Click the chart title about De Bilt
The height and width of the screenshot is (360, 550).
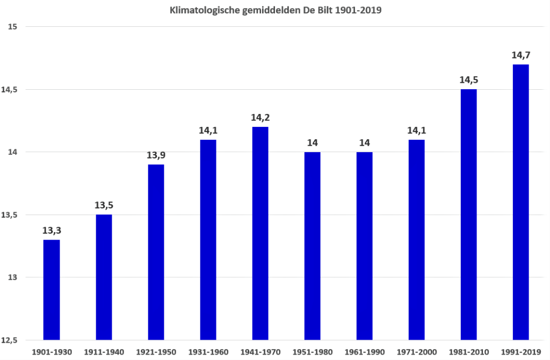coord(276,10)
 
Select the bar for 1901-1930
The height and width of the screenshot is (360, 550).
coord(52,290)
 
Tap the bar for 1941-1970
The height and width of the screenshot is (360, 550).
coord(260,233)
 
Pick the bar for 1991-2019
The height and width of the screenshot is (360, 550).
coord(520,202)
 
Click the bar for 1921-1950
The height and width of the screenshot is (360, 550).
coord(156,252)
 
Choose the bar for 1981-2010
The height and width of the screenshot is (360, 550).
coord(468,214)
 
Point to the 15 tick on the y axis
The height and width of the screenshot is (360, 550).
coord(13,27)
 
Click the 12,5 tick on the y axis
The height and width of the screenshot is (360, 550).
coord(9,340)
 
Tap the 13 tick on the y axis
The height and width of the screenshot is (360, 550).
coord(13,277)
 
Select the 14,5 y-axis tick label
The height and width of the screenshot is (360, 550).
coord(9,90)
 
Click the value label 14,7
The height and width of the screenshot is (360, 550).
coord(521,55)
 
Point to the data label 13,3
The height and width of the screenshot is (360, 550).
coord(52,231)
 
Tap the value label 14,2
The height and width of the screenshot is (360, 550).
coord(260,118)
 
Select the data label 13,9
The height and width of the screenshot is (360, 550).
coord(156,155)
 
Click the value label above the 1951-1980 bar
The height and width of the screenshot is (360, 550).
coord(313,143)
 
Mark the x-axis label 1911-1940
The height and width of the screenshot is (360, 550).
coord(104,352)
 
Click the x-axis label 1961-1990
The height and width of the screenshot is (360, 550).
coord(365,352)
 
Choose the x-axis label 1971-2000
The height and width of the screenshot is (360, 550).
coord(417,352)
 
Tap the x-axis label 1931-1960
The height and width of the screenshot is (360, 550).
coord(208,352)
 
